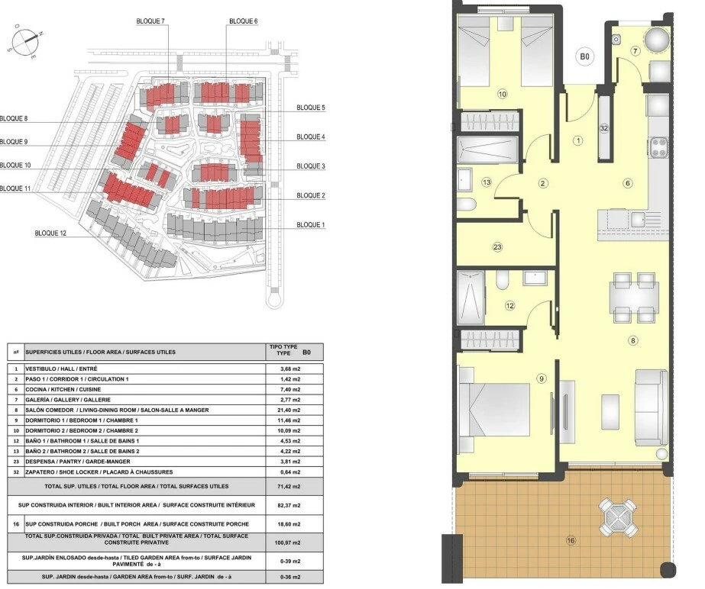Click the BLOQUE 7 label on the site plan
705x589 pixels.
tap(150, 21)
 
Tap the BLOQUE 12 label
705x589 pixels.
tap(50, 233)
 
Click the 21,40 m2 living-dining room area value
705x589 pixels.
tap(290, 410)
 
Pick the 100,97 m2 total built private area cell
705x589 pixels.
tap(287, 542)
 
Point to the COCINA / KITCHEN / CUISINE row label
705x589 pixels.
tap(63, 390)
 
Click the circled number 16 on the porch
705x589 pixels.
tap(571, 540)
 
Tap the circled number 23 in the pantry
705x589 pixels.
tap(497, 247)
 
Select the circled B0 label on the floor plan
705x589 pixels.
tap(584, 56)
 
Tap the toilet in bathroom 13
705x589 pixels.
tap(467, 205)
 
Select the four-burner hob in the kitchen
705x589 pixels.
tap(658, 148)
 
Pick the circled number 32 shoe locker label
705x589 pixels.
tap(604, 128)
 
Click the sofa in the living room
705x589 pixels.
tap(651, 407)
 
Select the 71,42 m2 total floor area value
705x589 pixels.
tap(290, 487)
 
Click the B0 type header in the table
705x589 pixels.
tap(306, 352)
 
